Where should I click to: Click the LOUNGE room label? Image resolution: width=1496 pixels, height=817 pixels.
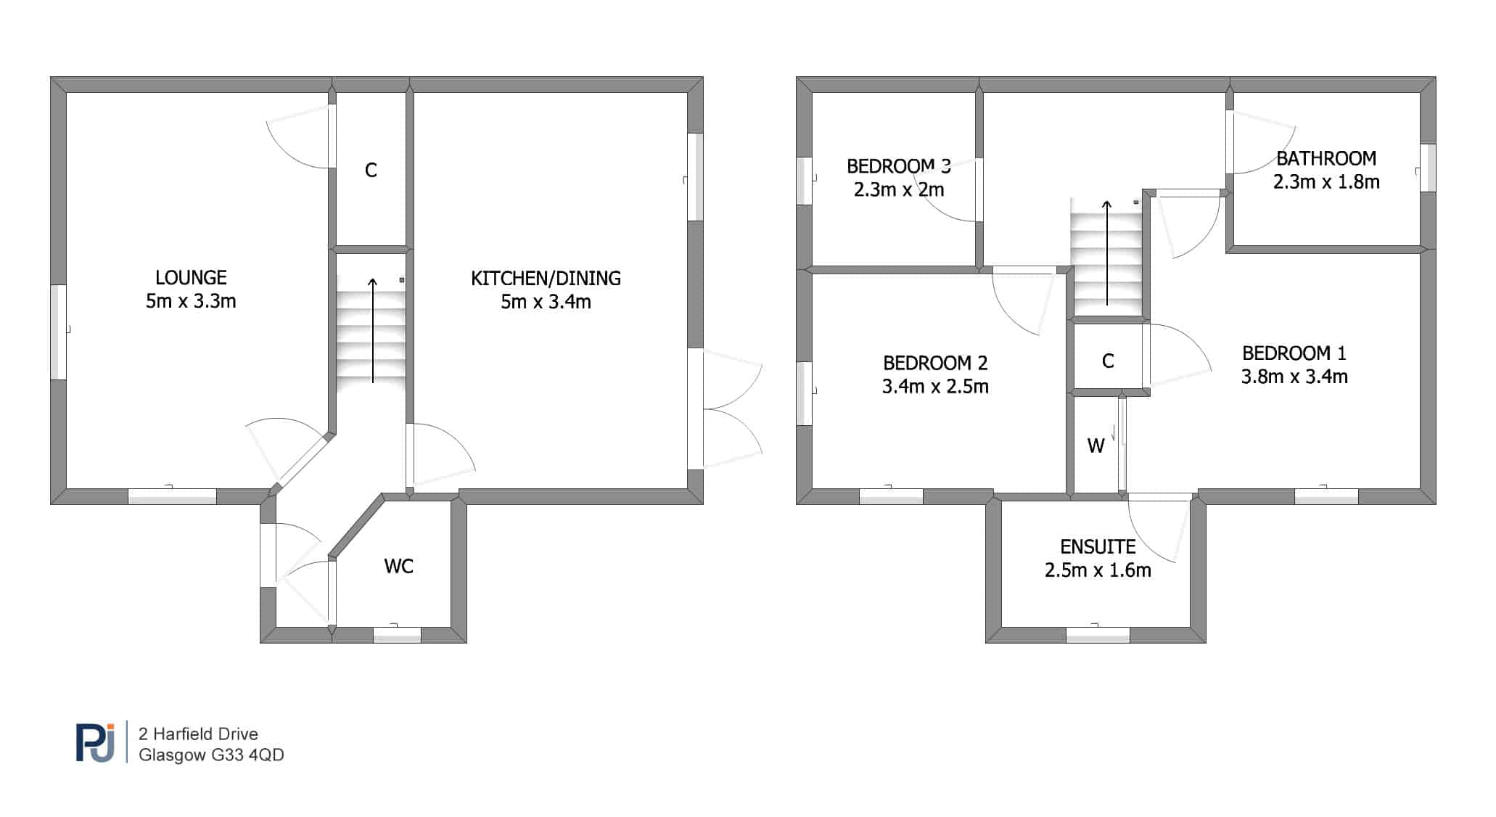(x=191, y=277)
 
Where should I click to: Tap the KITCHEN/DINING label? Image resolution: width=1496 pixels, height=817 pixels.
(x=546, y=278)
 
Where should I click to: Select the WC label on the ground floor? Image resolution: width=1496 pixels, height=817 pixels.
(x=399, y=566)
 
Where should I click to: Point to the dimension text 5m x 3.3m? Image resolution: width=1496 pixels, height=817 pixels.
(x=191, y=301)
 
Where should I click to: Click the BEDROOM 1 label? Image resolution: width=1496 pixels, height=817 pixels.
(x=1294, y=353)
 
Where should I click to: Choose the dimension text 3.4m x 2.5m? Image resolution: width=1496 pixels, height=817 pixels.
(x=935, y=387)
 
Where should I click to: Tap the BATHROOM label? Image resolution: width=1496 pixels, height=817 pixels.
(x=1326, y=158)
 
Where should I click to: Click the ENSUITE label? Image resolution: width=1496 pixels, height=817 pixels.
(x=1098, y=546)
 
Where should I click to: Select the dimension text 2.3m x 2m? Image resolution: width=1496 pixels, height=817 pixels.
(x=899, y=190)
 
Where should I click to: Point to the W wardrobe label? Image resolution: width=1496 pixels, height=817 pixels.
(x=1096, y=446)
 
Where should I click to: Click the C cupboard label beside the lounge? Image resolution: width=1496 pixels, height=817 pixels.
(x=371, y=171)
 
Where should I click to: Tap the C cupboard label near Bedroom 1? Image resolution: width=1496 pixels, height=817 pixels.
(x=1108, y=361)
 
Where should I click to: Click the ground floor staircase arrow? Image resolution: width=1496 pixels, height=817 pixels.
(x=373, y=330)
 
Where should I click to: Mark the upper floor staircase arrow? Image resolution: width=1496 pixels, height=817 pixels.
(x=1107, y=253)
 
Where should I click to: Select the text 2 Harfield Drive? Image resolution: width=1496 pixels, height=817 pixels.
(x=198, y=734)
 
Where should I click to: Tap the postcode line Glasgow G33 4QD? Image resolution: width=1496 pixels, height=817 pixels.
(x=211, y=755)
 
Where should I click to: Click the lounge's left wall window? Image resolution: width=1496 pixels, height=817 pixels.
(x=58, y=332)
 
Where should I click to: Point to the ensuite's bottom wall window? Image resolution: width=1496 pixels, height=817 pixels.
(x=1098, y=635)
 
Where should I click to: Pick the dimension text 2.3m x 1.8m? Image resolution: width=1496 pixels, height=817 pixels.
(x=1326, y=182)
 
